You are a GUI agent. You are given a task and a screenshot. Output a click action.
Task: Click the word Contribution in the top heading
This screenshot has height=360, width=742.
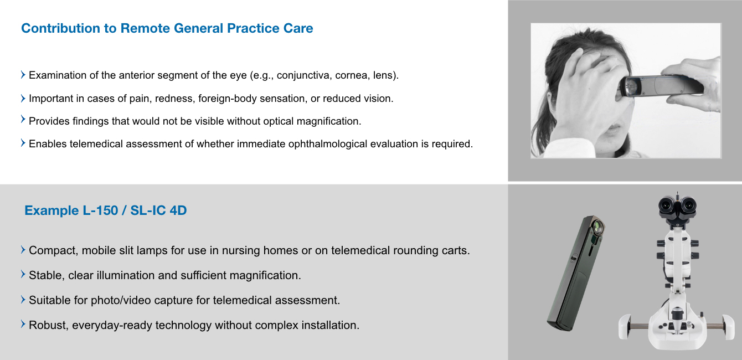click(x=60, y=28)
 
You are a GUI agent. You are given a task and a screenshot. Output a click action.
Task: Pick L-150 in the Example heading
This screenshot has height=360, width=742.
click(x=100, y=210)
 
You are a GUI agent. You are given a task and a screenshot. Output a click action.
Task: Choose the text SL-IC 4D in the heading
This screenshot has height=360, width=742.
click(x=158, y=210)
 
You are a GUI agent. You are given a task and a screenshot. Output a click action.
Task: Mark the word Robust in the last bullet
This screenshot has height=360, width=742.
click(x=49, y=325)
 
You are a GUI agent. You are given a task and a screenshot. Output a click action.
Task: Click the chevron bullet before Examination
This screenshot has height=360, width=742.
click(x=23, y=75)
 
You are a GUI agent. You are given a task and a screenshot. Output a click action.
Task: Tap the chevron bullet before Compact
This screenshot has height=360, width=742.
click(x=23, y=250)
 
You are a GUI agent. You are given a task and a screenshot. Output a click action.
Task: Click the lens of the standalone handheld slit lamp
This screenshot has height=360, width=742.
click(x=597, y=227)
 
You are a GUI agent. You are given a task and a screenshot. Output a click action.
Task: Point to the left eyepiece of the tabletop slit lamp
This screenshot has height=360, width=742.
click(x=667, y=205)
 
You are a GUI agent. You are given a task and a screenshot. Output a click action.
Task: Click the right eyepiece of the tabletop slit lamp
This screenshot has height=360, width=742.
click(x=688, y=205)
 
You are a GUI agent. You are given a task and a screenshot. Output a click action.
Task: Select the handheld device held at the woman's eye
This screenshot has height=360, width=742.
click(x=660, y=86)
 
